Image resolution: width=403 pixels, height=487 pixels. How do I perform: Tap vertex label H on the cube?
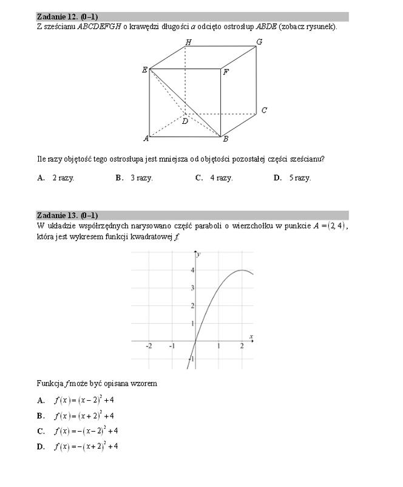[188, 42]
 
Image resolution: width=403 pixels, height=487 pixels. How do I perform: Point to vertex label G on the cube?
[259, 42]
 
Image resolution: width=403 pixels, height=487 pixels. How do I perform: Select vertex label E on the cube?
[144, 70]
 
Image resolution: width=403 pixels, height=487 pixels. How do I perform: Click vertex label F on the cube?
[226, 72]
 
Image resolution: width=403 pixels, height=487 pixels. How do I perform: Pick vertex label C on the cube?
[264, 111]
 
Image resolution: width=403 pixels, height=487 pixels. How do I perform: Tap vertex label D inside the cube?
[185, 121]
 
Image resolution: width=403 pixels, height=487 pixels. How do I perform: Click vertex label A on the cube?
[146, 138]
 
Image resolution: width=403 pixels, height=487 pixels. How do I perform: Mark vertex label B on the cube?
[225, 139]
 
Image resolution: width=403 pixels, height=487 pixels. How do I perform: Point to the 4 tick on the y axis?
[192, 270]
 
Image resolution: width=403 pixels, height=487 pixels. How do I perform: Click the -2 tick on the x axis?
[149, 346]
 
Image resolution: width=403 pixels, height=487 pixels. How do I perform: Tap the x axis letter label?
[251, 336]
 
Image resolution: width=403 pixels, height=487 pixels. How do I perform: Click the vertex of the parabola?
[242, 270]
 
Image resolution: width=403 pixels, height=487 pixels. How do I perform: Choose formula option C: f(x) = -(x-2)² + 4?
[86, 431]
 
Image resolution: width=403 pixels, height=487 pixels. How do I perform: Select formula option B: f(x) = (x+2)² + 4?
[84, 416]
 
